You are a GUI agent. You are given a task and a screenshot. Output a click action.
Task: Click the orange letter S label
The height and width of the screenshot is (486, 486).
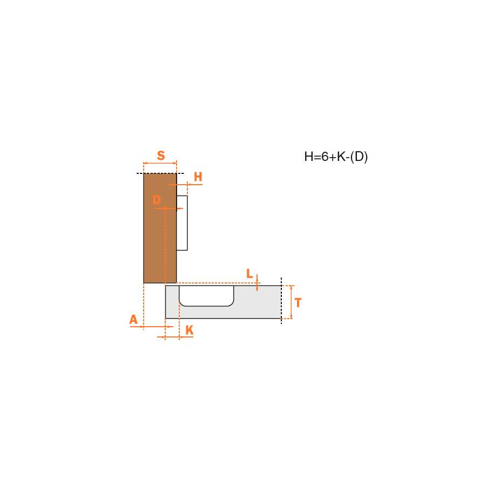[x=161, y=156]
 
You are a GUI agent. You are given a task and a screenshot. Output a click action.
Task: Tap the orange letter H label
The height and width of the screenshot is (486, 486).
[x=198, y=177]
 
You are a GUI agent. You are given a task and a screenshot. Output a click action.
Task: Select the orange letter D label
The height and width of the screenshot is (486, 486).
[x=157, y=200]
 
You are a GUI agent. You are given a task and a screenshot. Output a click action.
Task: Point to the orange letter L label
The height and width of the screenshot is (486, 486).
[x=249, y=274]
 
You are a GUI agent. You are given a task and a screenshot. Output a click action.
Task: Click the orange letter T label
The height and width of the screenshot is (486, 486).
[x=298, y=302]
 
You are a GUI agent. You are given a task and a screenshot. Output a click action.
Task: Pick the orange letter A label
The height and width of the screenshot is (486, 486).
[x=133, y=320]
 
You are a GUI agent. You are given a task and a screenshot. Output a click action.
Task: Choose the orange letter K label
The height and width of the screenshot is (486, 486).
[x=190, y=330]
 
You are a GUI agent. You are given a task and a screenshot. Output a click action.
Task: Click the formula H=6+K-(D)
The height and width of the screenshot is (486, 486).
[x=336, y=157]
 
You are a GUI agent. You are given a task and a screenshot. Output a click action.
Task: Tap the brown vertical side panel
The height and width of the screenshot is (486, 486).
[x=160, y=228]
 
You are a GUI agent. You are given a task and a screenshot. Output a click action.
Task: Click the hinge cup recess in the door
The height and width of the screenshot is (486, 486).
[x=206, y=296]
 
